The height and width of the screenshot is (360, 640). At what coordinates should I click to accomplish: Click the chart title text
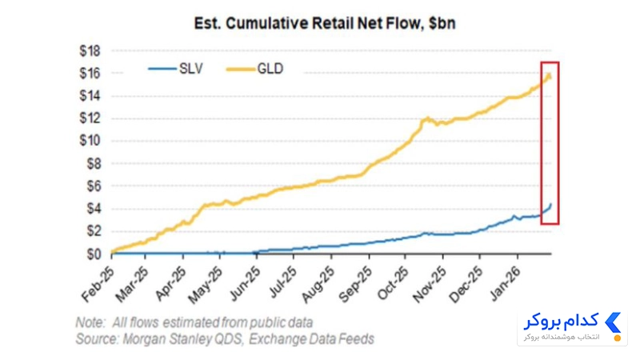325,23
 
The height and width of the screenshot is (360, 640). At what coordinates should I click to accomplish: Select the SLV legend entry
175,69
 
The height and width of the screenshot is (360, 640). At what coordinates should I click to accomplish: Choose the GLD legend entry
254,69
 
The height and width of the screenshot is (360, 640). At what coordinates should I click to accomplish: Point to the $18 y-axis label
90,51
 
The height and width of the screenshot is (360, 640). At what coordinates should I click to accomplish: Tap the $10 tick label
90,141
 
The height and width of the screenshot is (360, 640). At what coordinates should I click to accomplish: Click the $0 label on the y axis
94,254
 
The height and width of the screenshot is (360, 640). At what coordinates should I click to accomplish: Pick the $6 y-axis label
94,186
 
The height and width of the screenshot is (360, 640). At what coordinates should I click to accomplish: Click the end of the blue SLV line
550,205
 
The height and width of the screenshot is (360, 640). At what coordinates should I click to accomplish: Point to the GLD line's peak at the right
549,74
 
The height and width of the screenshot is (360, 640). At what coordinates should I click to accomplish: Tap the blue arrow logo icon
613,322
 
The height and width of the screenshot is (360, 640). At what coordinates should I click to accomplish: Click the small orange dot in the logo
618,338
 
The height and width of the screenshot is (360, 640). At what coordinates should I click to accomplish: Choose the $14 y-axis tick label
90,96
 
